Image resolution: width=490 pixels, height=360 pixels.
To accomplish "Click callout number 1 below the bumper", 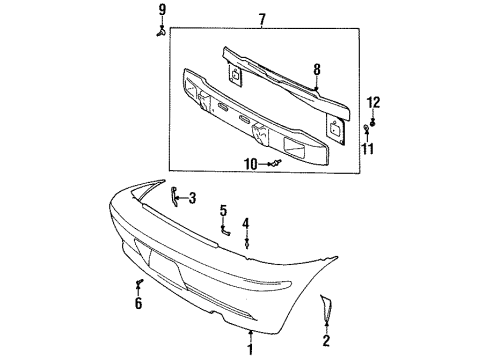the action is click(x=251, y=349).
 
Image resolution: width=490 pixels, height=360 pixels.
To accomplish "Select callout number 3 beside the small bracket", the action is click(x=192, y=197).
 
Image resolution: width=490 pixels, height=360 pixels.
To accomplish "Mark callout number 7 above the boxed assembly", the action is click(x=262, y=19).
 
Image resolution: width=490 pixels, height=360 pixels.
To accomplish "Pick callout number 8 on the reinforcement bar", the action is click(x=316, y=71).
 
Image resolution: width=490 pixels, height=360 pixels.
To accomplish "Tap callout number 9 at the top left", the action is click(x=159, y=10).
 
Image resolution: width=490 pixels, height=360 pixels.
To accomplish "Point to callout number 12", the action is click(x=374, y=102).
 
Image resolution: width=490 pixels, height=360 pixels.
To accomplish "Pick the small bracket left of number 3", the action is click(x=174, y=194).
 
